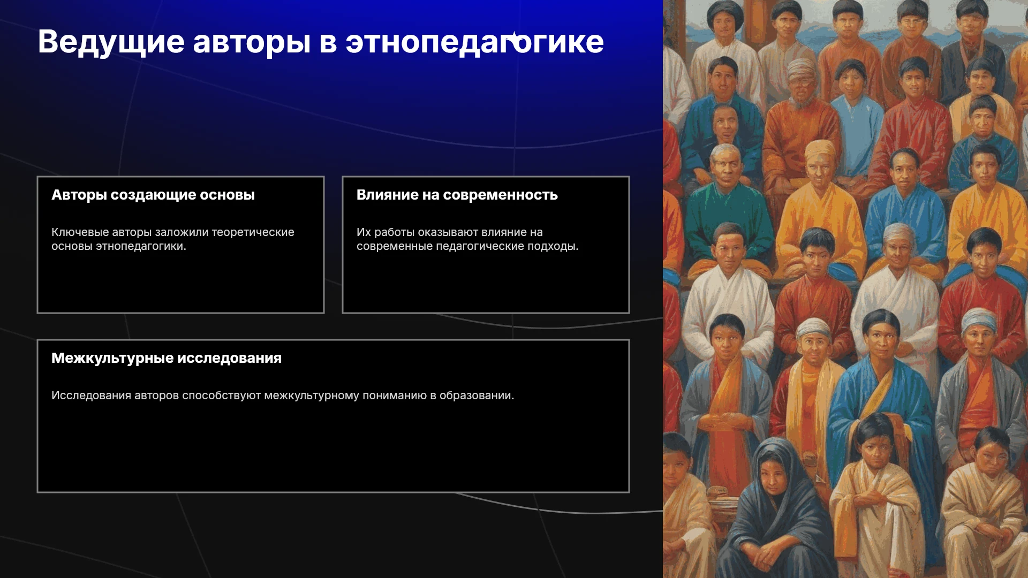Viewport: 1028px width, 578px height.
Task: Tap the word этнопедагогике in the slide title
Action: [x=474, y=42]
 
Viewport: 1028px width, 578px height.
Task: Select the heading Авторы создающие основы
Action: [x=153, y=195]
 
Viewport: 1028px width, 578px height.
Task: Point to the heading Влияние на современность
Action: [x=457, y=195]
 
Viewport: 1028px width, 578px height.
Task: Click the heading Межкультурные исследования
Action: [x=167, y=359]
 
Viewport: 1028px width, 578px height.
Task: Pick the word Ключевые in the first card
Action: [x=80, y=232]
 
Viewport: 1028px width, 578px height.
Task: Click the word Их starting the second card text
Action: [x=364, y=232]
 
